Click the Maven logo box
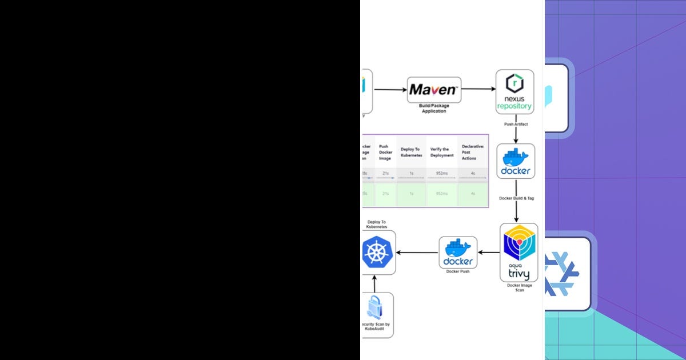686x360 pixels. coord(434,90)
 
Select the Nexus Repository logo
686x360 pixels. coord(514,91)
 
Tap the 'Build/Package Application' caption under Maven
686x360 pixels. coord(434,109)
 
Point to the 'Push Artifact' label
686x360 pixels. coord(516,123)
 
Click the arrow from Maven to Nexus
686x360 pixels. coord(478,89)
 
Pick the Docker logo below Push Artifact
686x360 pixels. coord(516,161)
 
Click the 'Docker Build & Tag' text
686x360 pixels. coord(516,198)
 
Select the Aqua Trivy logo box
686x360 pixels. coord(519,252)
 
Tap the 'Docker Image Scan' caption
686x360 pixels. coord(519,288)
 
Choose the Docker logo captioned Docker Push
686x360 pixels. coord(458,252)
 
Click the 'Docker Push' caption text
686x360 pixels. coord(458,271)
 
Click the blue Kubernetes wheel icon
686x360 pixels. coord(378,252)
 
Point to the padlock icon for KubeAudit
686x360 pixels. coord(375,309)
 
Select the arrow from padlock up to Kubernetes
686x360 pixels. coord(375,283)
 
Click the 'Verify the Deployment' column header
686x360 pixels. coord(441,152)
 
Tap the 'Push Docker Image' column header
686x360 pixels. coord(386,152)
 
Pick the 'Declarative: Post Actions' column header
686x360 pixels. coord(473,152)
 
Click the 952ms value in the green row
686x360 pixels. coord(441,194)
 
